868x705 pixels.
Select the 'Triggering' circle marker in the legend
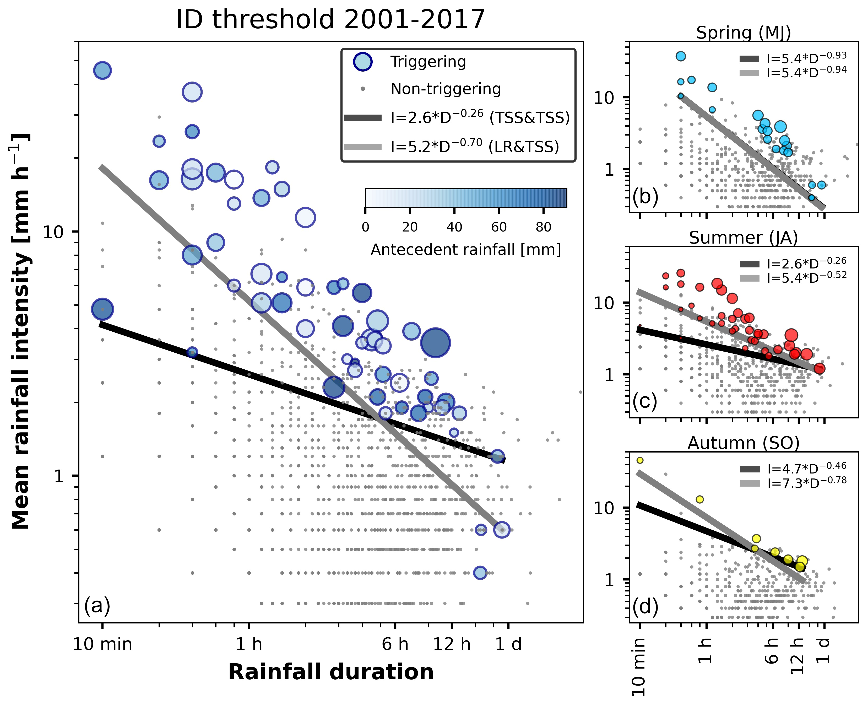click(362, 62)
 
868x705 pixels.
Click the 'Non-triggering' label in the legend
click(445, 89)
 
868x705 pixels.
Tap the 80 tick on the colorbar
click(543, 227)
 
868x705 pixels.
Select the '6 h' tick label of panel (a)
click(395, 644)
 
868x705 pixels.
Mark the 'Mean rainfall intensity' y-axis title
click(20, 331)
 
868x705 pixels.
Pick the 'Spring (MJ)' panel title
click(743, 33)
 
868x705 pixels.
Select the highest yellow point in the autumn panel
click(640, 460)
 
